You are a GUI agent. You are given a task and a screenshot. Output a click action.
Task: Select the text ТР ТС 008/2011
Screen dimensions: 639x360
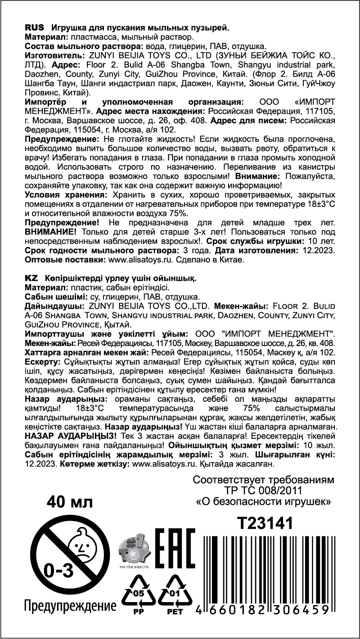(x=264, y=490)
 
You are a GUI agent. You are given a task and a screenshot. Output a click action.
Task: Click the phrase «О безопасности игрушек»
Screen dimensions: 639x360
(x=264, y=500)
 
